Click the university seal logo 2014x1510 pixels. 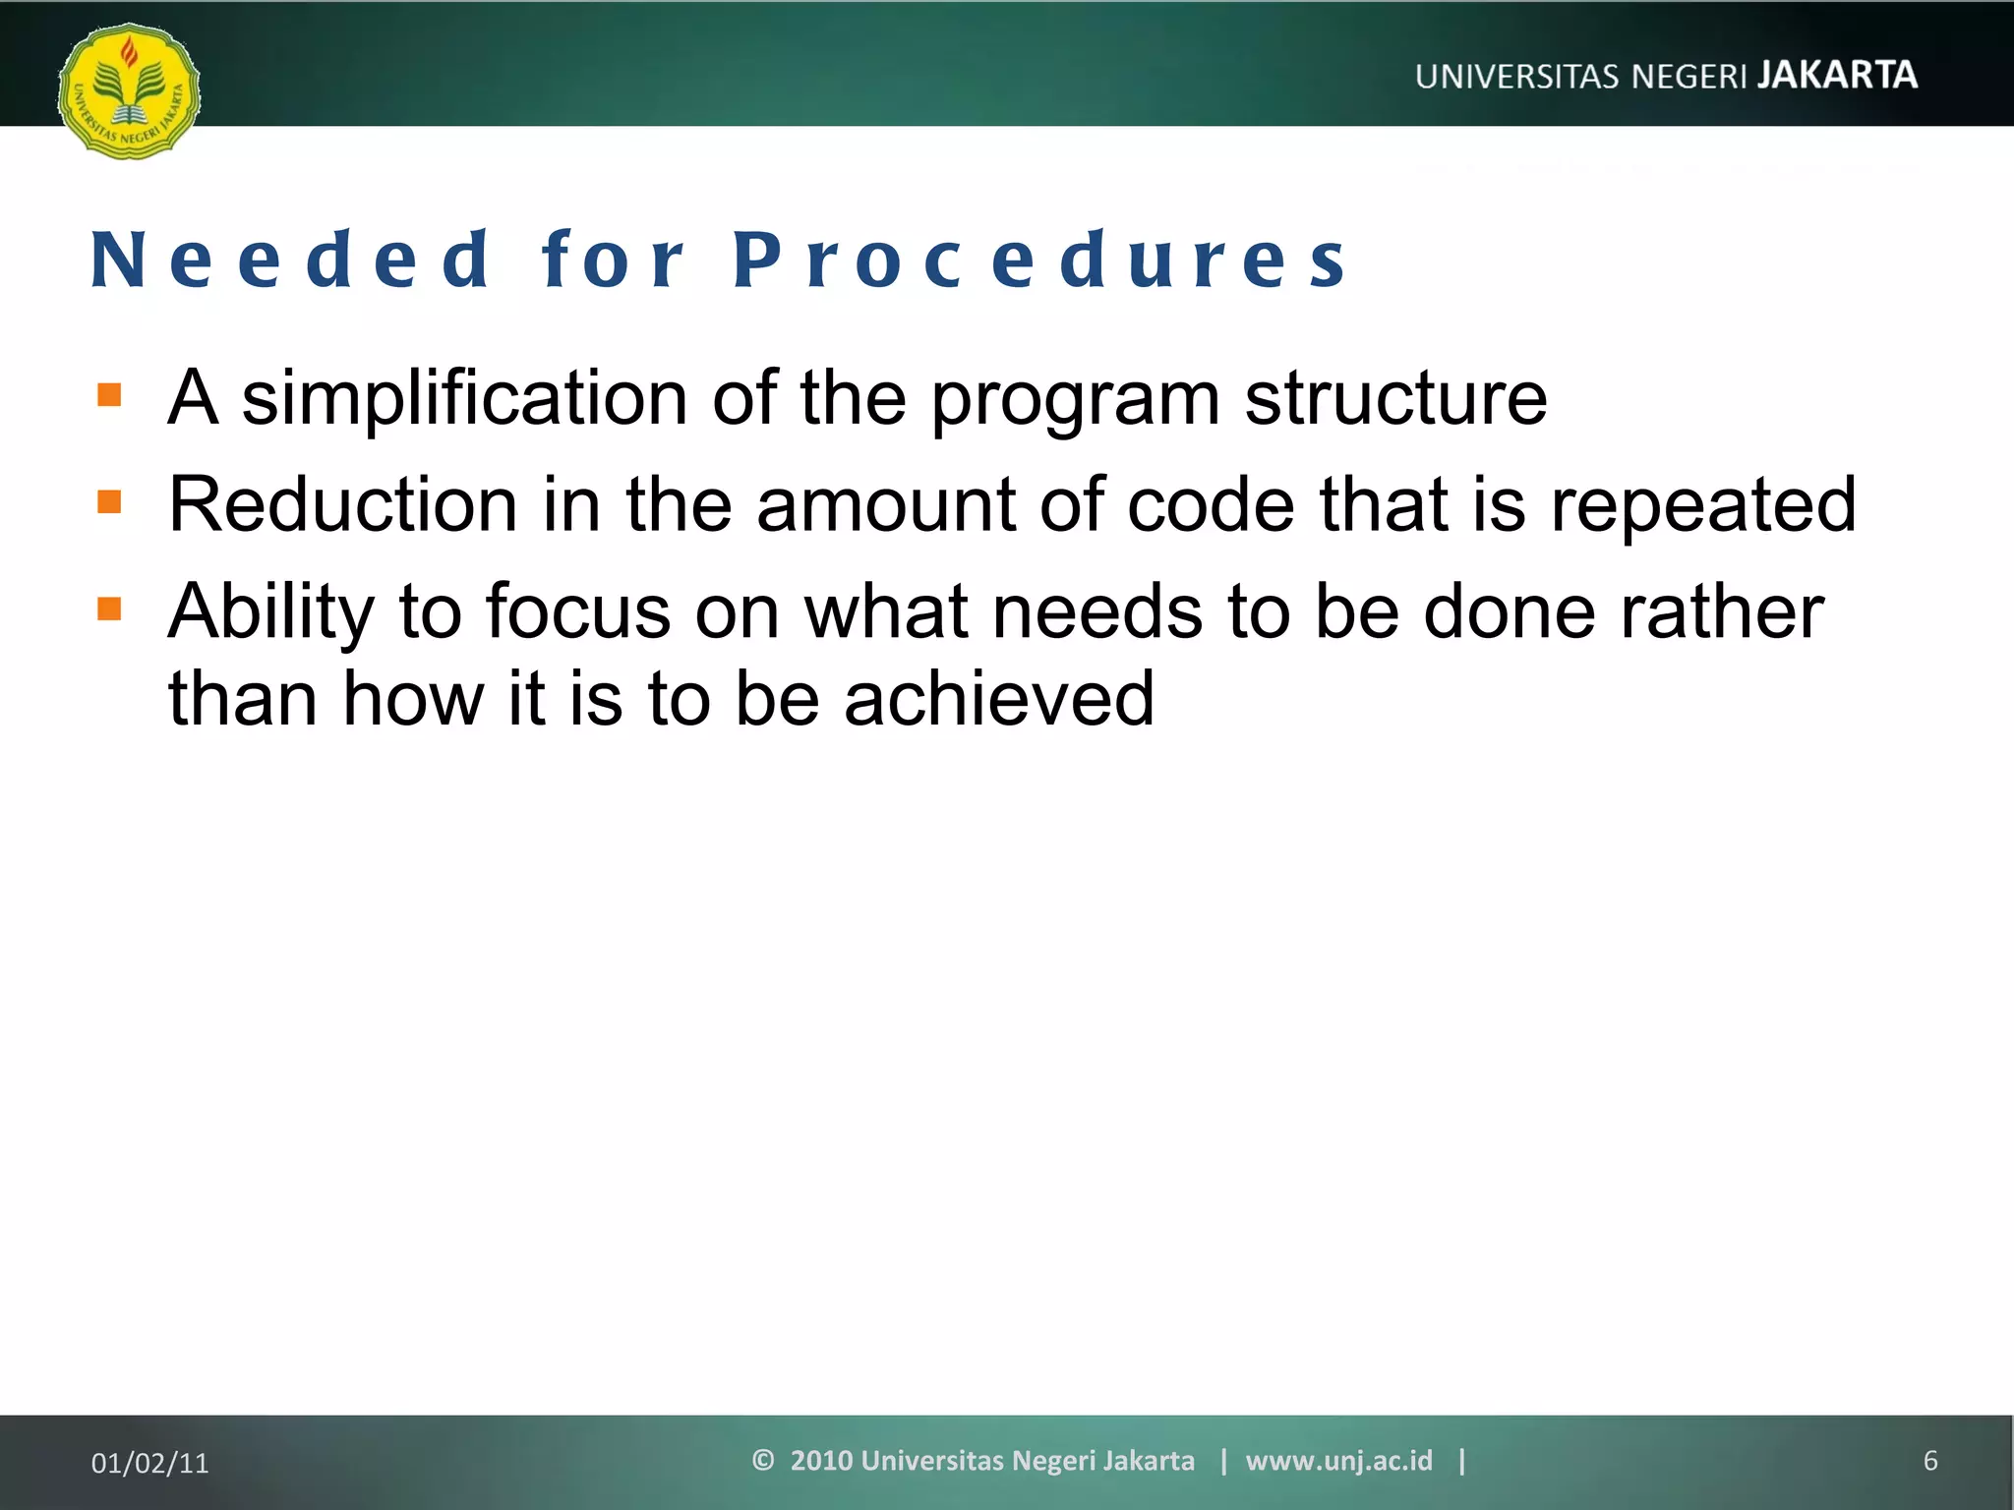coord(129,91)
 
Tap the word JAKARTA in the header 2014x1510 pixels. coord(1837,76)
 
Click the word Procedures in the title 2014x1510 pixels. coord(1040,261)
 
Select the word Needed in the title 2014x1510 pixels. coord(290,261)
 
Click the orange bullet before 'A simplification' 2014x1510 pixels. coord(109,395)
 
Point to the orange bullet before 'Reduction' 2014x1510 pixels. coord(109,502)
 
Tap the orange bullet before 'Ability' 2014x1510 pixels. coord(109,610)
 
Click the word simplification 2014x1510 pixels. coord(464,398)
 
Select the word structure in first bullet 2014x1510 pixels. coord(1395,398)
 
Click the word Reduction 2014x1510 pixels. coord(342,504)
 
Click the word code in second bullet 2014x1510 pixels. coord(1210,504)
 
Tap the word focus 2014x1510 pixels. coord(578,611)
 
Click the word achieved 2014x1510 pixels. coord(999,698)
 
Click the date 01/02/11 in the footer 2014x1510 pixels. coord(150,1463)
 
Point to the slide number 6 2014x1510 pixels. coord(1929,1461)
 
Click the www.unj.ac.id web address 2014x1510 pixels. coord(1338,1461)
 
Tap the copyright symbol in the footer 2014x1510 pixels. coord(763,1460)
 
